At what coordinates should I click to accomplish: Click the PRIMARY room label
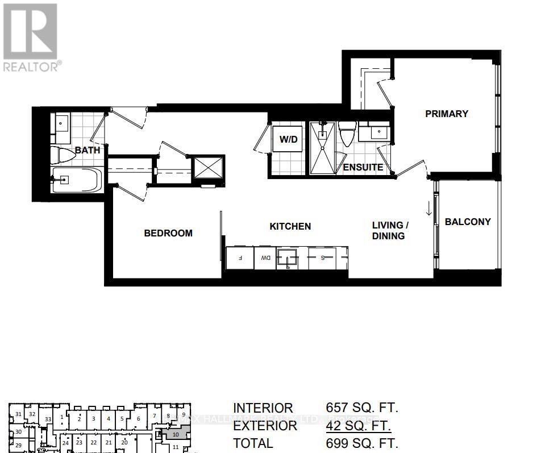pyautogui.click(x=447, y=114)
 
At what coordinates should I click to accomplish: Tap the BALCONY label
pyautogui.click(x=467, y=222)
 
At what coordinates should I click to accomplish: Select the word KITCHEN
pyautogui.click(x=290, y=226)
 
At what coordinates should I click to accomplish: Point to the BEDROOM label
pyautogui.click(x=168, y=233)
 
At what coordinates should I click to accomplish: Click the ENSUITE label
pyautogui.click(x=363, y=168)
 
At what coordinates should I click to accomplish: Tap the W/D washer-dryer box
pyautogui.click(x=288, y=140)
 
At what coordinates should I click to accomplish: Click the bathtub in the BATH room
pyautogui.click(x=77, y=180)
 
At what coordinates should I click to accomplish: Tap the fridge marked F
pyautogui.click(x=240, y=258)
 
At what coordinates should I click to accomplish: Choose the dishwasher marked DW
pyautogui.click(x=265, y=258)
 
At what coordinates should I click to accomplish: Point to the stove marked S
pyautogui.click(x=323, y=258)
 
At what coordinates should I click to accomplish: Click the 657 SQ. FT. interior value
pyautogui.click(x=362, y=408)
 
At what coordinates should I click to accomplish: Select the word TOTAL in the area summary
pyautogui.click(x=253, y=443)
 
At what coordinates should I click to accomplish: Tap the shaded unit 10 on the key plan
pyautogui.click(x=176, y=435)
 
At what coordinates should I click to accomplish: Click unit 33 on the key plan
pyautogui.click(x=48, y=419)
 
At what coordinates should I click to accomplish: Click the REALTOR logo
pyautogui.click(x=31, y=38)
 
